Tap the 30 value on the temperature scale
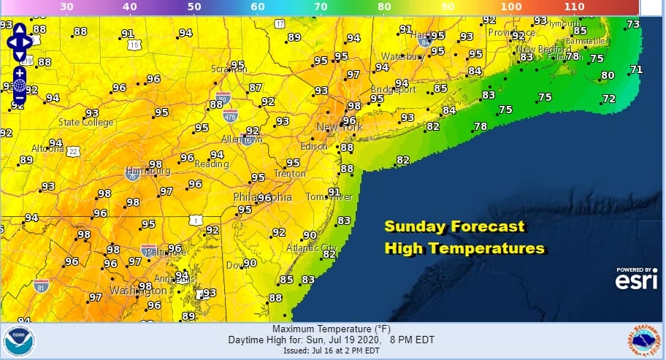pyautogui.click(x=66, y=7)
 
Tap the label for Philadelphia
pyautogui.click(x=262, y=198)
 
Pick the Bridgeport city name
pyautogui.click(x=394, y=90)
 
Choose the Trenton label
pyautogui.click(x=289, y=174)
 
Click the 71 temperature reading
pyautogui.click(x=636, y=70)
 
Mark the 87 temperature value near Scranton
pyautogui.click(x=255, y=88)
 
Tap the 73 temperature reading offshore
pyautogui.click(x=633, y=25)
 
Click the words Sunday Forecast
pyautogui.click(x=454, y=226)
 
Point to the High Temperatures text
pyautogui.click(x=464, y=249)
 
